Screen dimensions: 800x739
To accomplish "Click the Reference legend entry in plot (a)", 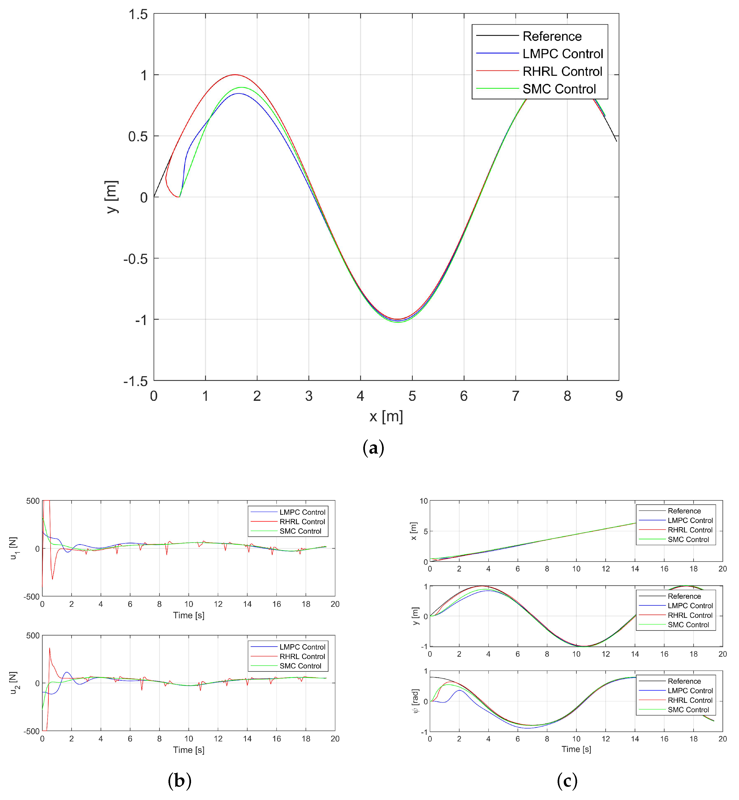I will [x=552, y=36].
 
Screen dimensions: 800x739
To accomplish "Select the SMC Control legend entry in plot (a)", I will [x=559, y=89].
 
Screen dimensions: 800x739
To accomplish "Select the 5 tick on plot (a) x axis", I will [x=412, y=396].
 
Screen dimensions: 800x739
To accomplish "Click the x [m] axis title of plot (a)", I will [x=386, y=416].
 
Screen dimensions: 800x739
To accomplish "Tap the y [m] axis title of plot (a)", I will [x=112, y=197].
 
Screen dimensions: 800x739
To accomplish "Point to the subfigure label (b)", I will [x=180, y=780].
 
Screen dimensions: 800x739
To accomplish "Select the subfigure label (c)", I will [x=567, y=780].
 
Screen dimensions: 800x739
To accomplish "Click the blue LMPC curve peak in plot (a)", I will [x=239, y=94].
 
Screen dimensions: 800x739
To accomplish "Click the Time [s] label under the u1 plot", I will [x=188, y=615].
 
